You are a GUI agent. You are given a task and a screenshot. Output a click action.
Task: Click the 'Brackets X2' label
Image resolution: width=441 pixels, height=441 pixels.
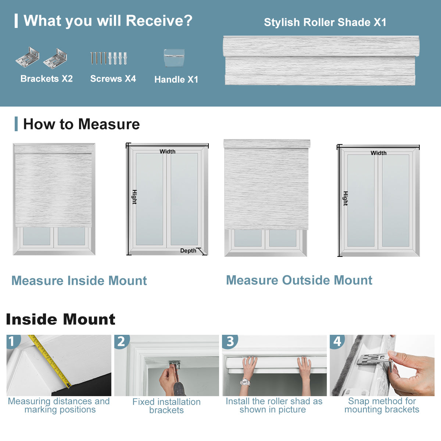point(47,79)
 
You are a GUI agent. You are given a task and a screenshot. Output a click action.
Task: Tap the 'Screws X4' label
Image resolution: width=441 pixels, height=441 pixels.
point(113,79)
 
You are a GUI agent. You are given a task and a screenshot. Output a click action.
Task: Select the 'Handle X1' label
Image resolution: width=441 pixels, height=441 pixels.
point(176,79)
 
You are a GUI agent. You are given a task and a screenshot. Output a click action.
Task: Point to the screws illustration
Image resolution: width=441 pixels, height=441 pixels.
point(109,58)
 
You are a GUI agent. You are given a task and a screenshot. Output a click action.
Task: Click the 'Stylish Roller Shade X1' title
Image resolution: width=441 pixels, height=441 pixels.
point(325,22)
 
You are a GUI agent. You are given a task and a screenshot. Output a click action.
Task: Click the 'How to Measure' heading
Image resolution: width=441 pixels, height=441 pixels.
point(81,124)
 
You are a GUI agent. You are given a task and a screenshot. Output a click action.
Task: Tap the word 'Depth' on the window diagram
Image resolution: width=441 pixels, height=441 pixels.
point(188,251)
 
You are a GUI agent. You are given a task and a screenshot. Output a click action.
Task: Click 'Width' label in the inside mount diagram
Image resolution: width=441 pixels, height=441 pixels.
point(167,151)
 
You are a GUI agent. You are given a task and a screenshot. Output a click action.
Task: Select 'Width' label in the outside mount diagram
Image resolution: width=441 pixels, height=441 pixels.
point(378,153)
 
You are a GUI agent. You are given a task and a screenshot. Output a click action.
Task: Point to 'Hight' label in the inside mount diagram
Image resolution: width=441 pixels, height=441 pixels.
point(135,197)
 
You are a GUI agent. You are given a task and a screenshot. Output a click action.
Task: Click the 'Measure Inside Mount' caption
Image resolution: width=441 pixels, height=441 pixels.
point(79,281)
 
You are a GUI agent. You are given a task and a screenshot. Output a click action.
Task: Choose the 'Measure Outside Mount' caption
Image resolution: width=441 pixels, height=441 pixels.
point(299,280)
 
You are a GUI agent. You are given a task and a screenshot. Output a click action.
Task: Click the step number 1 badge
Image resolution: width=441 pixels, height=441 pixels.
point(12,341)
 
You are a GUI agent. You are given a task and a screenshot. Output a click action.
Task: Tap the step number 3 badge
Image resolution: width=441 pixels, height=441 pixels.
point(230,341)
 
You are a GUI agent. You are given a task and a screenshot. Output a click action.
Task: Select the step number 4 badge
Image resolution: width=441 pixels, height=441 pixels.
point(337,341)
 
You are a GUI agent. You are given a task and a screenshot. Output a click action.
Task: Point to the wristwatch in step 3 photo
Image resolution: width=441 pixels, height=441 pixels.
point(245,383)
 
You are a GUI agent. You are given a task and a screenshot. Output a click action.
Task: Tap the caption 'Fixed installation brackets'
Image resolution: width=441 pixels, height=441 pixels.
point(166,406)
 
